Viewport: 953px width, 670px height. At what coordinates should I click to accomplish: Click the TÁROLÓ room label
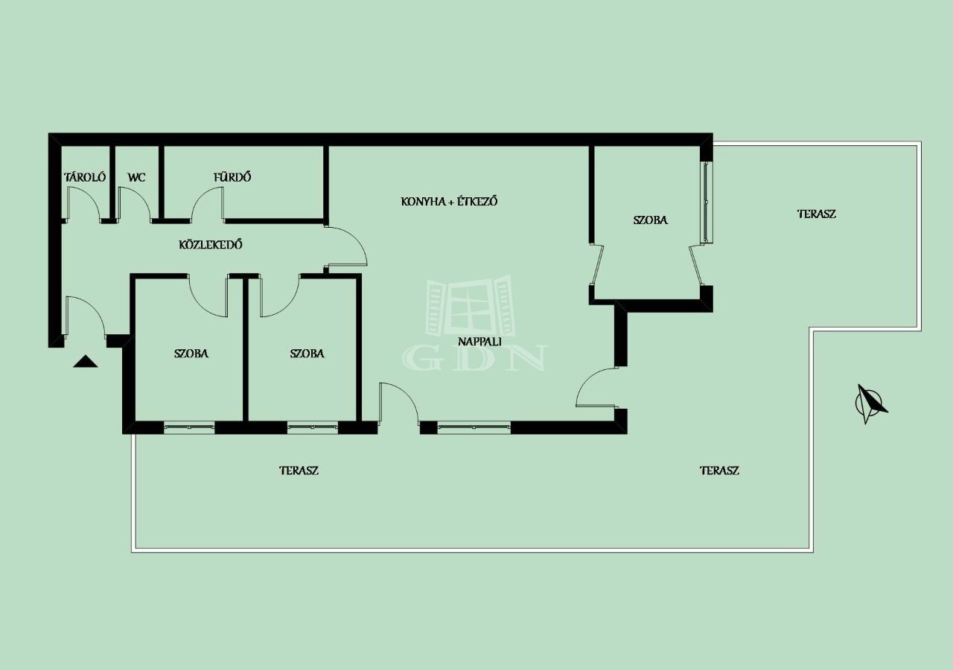pyautogui.click(x=85, y=177)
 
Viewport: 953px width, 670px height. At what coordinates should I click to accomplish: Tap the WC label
pyautogui.click(x=136, y=177)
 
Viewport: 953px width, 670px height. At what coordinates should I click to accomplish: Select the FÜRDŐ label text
pyautogui.click(x=232, y=176)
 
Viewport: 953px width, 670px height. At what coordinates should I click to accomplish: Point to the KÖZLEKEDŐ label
pyautogui.click(x=211, y=245)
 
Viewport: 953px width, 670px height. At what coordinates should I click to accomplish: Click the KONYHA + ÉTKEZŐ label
pyautogui.click(x=449, y=201)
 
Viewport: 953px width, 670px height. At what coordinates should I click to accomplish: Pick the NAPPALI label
pyautogui.click(x=479, y=341)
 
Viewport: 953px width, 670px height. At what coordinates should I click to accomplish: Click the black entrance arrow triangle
pyautogui.click(x=86, y=361)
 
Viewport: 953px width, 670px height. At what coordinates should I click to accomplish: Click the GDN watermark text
pyautogui.click(x=475, y=358)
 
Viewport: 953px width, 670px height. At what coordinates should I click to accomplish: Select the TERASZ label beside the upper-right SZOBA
pyautogui.click(x=817, y=214)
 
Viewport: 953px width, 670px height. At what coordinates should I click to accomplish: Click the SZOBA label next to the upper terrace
pyautogui.click(x=651, y=220)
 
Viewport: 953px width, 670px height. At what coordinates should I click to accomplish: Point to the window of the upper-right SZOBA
pyautogui.click(x=707, y=202)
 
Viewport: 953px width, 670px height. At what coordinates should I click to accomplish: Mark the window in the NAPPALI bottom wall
pyautogui.click(x=474, y=427)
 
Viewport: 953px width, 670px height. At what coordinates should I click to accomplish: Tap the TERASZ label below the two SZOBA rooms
pyautogui.click(x=299, y=470)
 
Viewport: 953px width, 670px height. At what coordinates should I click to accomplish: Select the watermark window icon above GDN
pyautogui.click(x=471, y=305)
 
